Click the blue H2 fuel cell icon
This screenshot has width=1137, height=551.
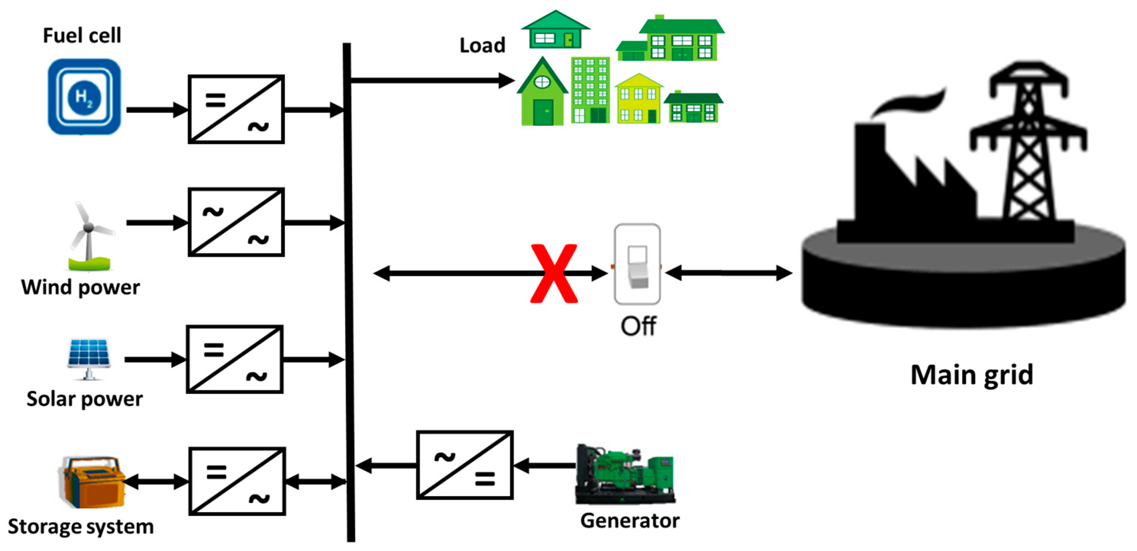coord(84,97)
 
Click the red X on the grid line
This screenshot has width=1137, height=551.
coord(554,274)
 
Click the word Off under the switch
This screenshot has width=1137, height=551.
coord(638,327)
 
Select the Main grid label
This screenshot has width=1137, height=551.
coord(971,375)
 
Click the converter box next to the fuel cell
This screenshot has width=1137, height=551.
coord(236,110)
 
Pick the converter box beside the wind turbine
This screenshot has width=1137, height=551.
coord(236,222)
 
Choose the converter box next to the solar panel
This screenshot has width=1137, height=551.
coord(234,359)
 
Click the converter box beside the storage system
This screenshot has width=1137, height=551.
coord(237,482)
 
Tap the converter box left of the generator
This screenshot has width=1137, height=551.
coord(465,466)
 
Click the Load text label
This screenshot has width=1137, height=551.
coord(482,45)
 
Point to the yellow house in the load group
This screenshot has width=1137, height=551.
coord(638,99)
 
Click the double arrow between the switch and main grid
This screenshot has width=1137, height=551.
coord(729,273)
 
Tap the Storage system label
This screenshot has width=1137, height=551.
coord(81,527)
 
